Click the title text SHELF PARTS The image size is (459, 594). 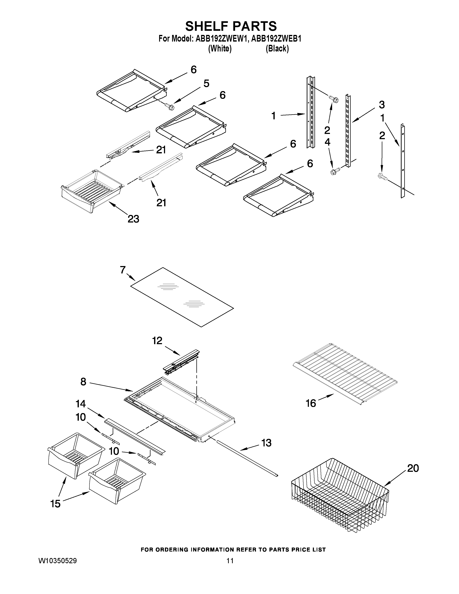pyautogui.click(x=231, y=26)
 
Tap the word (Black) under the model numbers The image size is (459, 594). pyautogui.click(x=277, y=49)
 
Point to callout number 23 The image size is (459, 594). pyautogui.click(x=133, y=219)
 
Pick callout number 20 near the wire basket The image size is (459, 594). pyautogui.click(x=413, y=468)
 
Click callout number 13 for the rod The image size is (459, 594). pyautogui.click(x=266, y=443)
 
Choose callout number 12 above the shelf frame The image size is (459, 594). pyautogui.click(x=157, y=340)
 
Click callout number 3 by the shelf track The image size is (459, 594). pyautogui.click(x=381, y=104)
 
